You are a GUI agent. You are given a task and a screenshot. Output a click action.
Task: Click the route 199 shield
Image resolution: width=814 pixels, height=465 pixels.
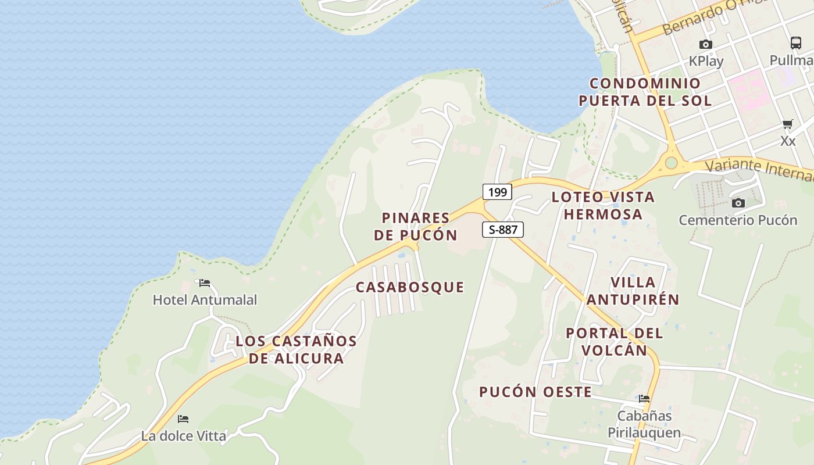497,192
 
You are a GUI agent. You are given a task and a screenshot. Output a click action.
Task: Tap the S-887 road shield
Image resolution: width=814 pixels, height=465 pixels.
503,230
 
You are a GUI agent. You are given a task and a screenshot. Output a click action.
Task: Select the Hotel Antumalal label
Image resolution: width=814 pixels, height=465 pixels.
205,300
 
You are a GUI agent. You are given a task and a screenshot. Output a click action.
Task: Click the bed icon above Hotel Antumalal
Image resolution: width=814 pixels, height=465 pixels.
204,283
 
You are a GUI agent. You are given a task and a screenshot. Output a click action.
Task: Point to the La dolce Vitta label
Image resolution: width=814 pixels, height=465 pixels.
183,435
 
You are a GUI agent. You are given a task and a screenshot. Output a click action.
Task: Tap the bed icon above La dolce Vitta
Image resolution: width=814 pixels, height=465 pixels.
183,419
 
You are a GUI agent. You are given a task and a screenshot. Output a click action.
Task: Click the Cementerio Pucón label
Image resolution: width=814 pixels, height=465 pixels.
738,220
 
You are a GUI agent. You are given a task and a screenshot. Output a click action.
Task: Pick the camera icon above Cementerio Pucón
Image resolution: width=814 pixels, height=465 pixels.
738,203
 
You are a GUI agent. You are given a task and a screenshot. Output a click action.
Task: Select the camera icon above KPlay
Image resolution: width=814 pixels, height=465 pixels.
706,44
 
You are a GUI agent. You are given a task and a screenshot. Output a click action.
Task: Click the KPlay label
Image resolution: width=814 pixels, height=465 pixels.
706,61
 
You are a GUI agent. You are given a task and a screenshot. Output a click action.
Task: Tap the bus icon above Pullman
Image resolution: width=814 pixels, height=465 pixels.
796,43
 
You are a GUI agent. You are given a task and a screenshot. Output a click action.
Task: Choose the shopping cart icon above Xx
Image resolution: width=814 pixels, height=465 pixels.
788,124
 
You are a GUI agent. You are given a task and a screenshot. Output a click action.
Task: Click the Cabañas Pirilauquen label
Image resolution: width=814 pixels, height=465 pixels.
644,424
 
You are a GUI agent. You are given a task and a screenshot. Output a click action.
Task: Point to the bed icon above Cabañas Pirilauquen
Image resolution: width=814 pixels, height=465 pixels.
644,399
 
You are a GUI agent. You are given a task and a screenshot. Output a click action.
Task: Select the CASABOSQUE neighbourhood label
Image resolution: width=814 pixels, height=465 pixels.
410,287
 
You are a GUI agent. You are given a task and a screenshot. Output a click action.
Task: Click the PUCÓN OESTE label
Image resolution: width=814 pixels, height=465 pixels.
535,392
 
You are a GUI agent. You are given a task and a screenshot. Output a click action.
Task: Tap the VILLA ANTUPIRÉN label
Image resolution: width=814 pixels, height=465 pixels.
633,291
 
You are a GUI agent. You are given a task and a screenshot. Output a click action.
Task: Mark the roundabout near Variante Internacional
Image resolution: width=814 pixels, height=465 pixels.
672,162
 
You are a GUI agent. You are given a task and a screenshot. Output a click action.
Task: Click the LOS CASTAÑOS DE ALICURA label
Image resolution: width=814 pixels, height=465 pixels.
296,349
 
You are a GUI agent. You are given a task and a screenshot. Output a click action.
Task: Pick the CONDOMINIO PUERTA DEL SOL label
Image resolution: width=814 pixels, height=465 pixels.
645,92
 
